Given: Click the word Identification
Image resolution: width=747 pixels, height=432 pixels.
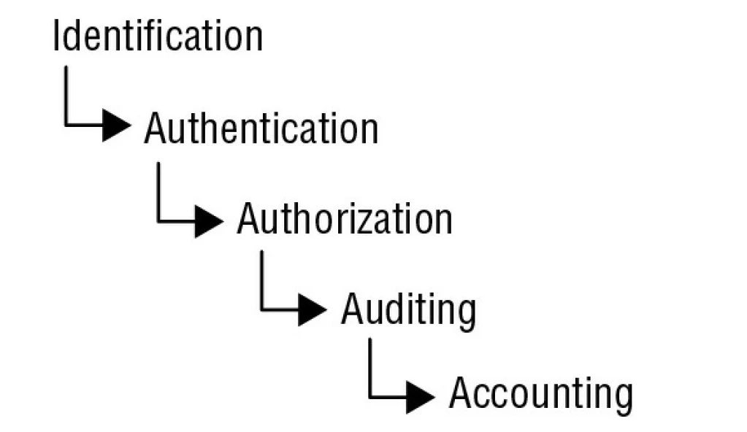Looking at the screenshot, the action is (x=157, y=36).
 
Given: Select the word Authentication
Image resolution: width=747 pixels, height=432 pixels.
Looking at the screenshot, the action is (x=261, y=129).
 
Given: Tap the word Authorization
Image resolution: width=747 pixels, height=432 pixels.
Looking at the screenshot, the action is (x=344, y=219).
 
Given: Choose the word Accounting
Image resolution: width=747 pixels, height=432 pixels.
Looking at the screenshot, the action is (x=540, y=395).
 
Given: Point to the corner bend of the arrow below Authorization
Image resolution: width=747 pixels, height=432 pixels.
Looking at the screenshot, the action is (x=262, y=311).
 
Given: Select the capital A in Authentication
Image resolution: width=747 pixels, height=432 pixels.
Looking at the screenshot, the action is (x=157, y=129).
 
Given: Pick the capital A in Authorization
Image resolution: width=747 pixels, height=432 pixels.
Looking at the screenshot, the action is (x=250, y=219).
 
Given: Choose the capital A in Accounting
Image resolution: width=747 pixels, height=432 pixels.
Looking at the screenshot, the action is (x=462, y=395).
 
